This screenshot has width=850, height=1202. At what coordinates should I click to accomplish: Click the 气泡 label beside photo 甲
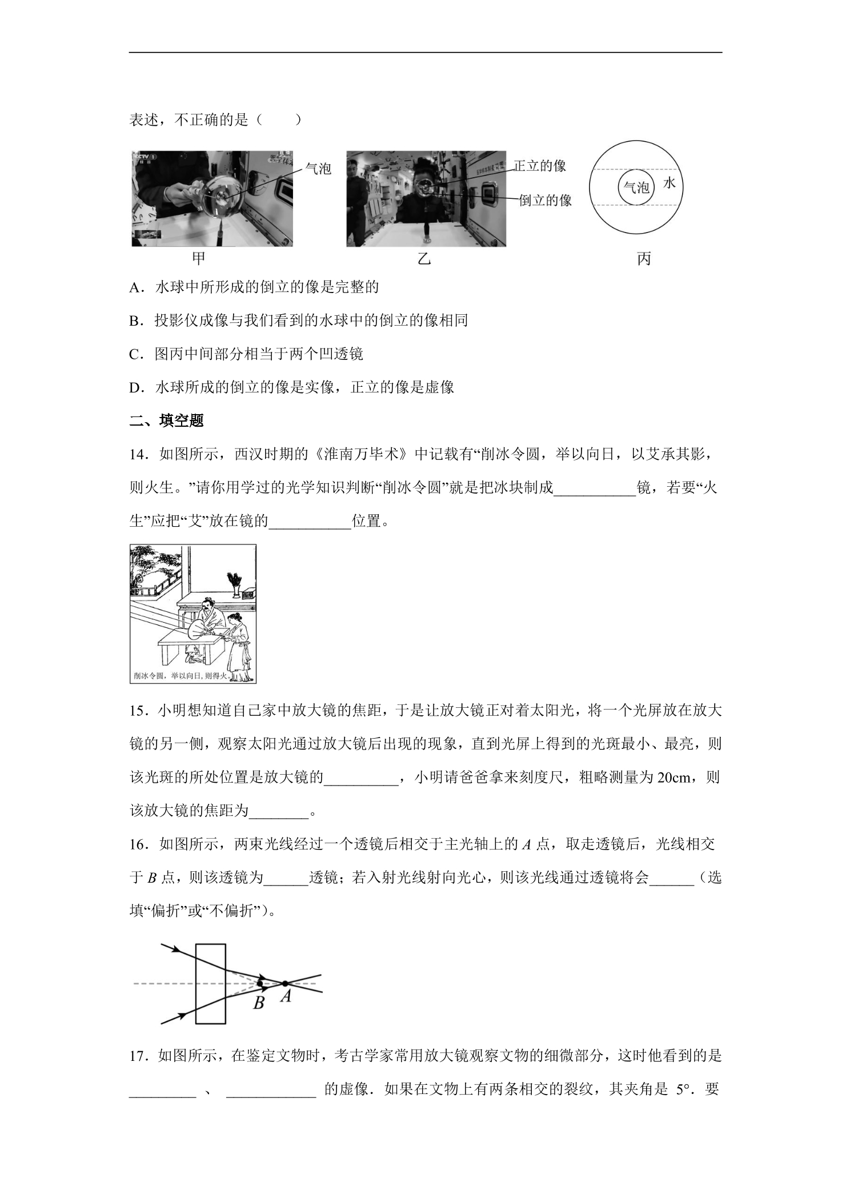(x=318, y=169)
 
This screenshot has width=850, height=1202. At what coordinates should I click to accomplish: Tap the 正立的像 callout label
(x=539, y=166)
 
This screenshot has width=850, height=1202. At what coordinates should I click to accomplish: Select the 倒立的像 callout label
(x=545, y=200)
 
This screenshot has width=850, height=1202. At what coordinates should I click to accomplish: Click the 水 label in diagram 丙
(x=669, y=183)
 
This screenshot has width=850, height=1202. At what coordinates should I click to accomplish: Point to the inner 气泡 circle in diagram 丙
(x=636, y=170)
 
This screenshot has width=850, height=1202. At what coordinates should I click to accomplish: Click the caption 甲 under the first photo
(x=198, y=259)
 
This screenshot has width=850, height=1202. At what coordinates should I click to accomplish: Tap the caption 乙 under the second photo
(x=424, y=259)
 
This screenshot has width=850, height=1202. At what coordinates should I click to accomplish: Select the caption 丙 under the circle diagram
(x=644, y=259)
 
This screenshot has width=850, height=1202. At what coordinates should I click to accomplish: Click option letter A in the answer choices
(x=135, y=287)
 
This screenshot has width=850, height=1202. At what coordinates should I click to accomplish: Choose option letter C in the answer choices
(x=135, y=354)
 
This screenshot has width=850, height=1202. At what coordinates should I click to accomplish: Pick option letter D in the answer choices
(x=135, y=387)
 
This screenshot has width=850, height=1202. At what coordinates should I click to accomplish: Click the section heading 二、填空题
(x=167, y=421)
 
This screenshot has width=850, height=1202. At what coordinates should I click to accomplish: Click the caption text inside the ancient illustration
(x=181, y=675)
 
